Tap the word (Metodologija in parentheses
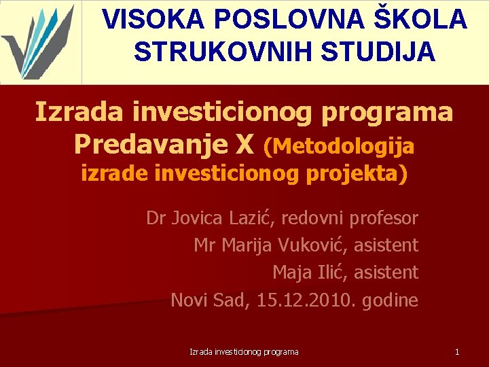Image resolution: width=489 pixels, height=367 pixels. tap(339, 145)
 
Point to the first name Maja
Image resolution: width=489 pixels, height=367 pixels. tap(293, 273)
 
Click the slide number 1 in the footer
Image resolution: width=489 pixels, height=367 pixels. tap(457, 352)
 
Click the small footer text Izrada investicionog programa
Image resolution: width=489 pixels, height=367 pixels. tap(244, 352)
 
